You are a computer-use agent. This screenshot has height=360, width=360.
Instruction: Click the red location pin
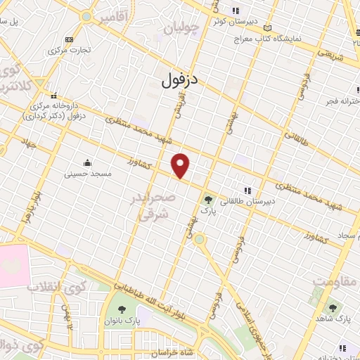[181, 165]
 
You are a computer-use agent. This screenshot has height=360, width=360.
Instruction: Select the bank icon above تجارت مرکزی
[67, 40]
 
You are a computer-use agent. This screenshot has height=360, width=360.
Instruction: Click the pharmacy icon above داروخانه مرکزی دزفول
[53, 96]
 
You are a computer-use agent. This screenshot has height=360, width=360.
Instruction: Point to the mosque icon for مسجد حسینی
[86, 162]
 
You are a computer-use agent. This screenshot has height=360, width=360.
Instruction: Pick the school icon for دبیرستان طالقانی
[247, 191]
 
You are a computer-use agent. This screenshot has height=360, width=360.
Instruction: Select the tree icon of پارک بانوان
[122, 310]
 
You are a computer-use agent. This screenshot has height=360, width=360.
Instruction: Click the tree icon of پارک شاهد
[331, 308]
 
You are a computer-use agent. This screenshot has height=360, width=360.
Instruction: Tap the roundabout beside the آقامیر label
[86, 15]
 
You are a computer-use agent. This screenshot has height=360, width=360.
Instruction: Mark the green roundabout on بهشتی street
[200, 240]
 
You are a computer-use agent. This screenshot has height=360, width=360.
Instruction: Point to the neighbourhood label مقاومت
[331, 281]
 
